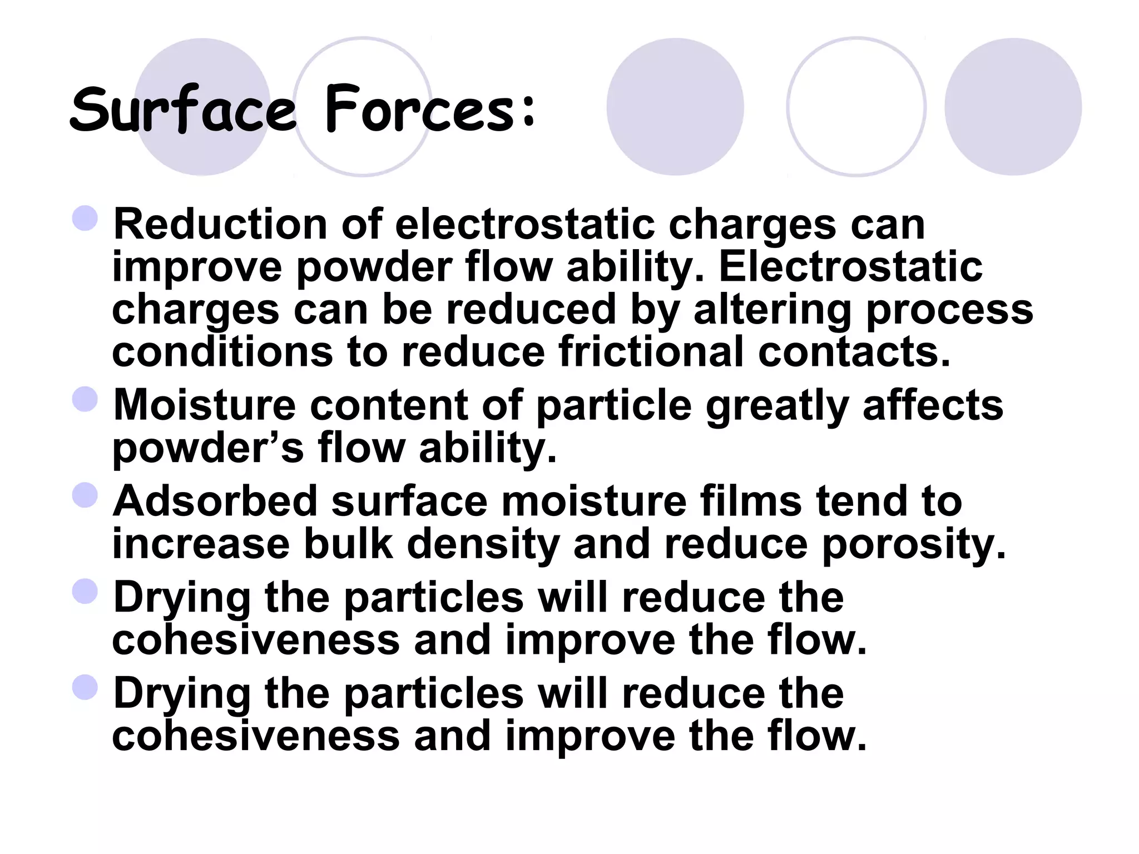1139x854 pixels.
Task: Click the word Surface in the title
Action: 184,110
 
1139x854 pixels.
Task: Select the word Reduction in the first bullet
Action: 220,225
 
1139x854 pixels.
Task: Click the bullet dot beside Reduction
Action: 85,219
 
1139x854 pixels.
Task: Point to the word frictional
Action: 651,352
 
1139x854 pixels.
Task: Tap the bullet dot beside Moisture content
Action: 85,399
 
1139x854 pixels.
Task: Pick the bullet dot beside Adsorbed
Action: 85,495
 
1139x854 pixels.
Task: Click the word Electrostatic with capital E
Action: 850,267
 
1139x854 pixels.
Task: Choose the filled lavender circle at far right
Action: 1013,107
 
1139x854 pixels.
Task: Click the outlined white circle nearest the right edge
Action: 856,107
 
